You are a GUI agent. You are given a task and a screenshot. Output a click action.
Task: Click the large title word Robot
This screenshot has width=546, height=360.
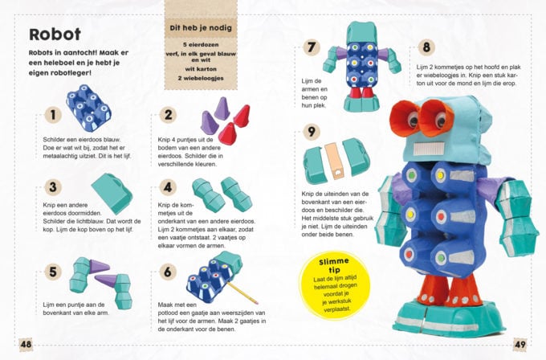(x=55, y=35)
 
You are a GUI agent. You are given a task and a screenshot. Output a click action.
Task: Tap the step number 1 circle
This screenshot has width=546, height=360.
(x=53, y=115)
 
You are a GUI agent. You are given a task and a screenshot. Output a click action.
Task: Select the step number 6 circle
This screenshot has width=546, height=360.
(x=168, y=272)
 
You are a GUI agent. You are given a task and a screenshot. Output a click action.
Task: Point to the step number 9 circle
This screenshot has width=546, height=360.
(x=312, y=132)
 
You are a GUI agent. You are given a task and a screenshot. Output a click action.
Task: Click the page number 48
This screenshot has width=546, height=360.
(x=26, y=344)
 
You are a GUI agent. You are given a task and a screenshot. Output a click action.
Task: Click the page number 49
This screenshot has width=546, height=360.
(x=520, y=344)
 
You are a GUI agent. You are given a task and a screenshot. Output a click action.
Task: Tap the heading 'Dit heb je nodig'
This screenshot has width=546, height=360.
(x=201, y=28)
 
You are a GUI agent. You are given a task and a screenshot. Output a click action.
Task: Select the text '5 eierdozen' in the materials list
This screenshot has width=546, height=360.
(x=201, y=45)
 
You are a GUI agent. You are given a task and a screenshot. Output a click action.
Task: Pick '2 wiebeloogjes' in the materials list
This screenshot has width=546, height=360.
(x=201, y=78)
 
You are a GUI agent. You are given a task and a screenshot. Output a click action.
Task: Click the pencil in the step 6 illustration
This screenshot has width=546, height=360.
(x=242, y=292)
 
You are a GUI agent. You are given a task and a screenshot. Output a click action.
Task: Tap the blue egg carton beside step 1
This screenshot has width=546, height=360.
(x=89, y=108)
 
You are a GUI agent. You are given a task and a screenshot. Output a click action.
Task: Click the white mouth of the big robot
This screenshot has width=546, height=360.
(x=430, y=149)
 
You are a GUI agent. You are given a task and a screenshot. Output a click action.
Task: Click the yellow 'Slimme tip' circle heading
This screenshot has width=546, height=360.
(x=333, y=265)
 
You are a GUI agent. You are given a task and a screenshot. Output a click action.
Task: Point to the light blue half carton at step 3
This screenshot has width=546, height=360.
(x=112, y=194)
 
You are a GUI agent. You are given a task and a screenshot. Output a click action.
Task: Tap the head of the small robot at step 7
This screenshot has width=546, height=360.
(x=362, y=32)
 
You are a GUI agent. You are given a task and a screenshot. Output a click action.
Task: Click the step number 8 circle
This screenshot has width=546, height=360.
(x=426, y=47)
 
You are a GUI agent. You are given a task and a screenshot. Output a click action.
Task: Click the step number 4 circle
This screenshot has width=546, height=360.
(x=168, y=187)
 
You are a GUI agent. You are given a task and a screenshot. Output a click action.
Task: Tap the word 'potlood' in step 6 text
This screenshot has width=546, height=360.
(x=168, y=313)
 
